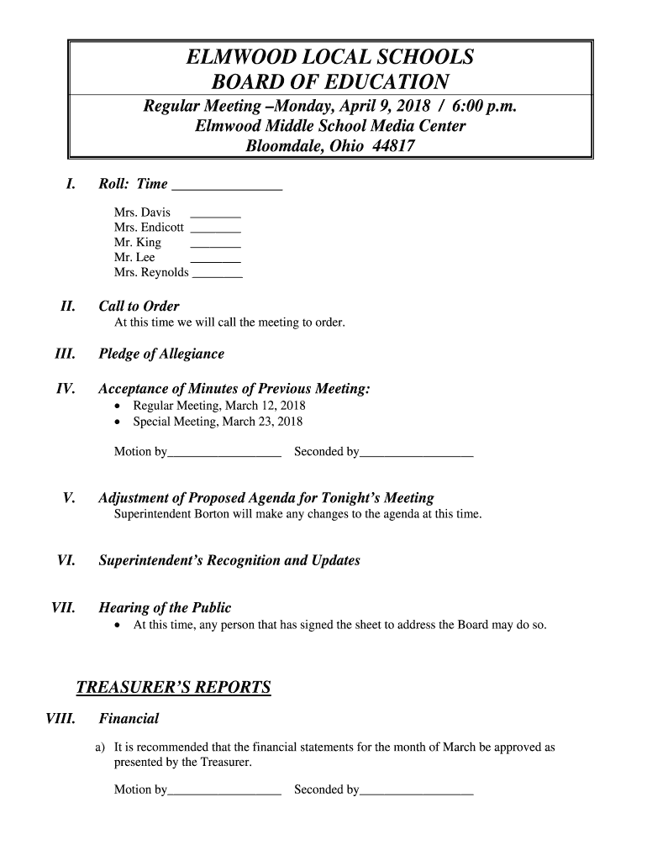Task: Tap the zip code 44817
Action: point(394,145)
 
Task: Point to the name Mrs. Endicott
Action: point(149,228)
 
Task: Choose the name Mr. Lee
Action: point(134,258)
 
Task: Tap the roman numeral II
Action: point(68,307)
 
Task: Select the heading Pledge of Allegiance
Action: point(161,354)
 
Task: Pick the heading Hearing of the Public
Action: point(165,607)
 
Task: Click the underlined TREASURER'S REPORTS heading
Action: point(173,688)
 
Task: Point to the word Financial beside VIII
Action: point(129,718)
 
